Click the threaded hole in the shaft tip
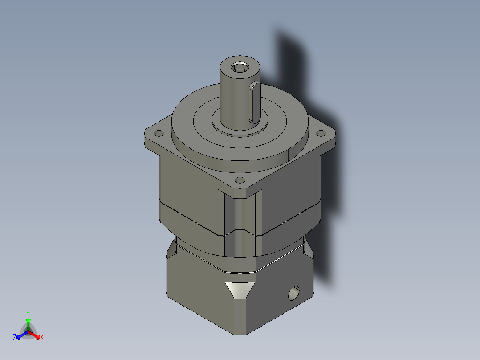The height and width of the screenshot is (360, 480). pyautogui.click(x=240, y=68)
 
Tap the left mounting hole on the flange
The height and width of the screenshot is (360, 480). pyautogui.click(x=158, y=133)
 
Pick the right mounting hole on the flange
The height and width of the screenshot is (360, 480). pyautogui.click(x=320, y=133)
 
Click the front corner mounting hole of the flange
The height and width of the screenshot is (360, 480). pyautogui.click(x=240, y=180)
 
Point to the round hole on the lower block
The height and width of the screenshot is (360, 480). pyautogui.click(x=294, y=293)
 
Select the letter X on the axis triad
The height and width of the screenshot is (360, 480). pyautogui.click(x=41, y=338)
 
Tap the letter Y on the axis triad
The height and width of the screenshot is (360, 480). pyautogui.click(x=28, y=313)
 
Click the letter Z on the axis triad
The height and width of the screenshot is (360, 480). pyautogui.click(x=15, y=338)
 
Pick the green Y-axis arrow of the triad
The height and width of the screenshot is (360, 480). pyautogui.click(x=28, y=323)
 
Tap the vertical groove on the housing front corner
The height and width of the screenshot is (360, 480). pyautogui.click(x=240, y=218)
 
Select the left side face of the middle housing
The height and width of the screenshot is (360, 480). pyautogui.click(x=187, y=187)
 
